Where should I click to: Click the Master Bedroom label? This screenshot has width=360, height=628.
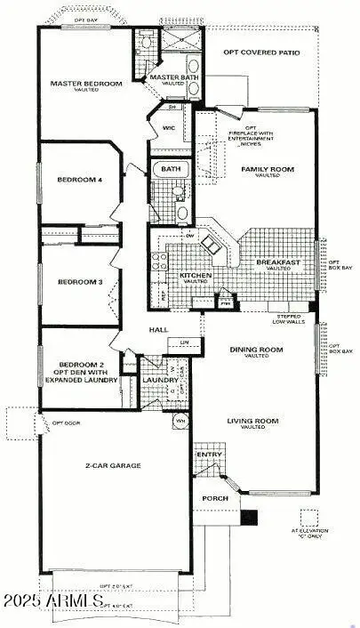click(86, 84)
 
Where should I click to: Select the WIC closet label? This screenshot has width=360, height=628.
click(168, 127)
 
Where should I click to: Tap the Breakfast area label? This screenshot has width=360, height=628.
click(278, 262)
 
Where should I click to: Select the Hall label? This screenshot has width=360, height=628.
click(159, 330)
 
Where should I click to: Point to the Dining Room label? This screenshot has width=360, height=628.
click(256, 350)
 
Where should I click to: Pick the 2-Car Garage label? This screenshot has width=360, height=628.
click(113, 465)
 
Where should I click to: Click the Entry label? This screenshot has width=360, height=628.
click(210, 455)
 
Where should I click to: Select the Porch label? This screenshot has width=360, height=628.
click(214, 498)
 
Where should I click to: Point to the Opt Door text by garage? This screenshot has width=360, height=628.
click(66, 423)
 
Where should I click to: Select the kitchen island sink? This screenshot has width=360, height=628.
click(210, 242)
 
